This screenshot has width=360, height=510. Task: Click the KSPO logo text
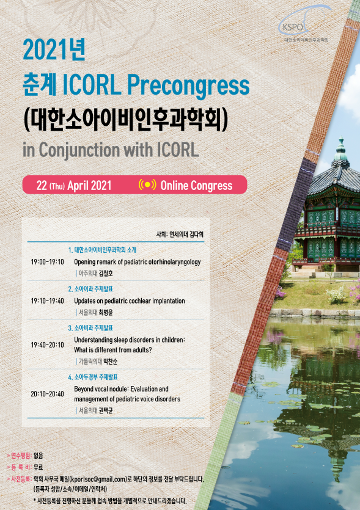pyautogui.click(x=293, y=27)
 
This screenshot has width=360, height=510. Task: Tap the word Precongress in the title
pyautogui.click(x=188, y=86)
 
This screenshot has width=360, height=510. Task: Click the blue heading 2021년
pyautogui.click(x=54, y=49)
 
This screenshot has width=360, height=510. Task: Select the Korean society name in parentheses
pyautogui.click(x=125, y=120)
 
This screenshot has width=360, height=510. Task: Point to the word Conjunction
pyautogui.click(x=79, y=150)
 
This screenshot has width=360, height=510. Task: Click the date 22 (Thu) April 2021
pyautogui.click(x=74, y=186)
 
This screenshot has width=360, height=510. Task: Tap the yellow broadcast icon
pyautogui.click(x=147, y=184)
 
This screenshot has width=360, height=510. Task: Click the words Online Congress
pyautogui.click(x=197, y=186)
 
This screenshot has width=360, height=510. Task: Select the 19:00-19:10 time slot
pyautogui.click(x=48, y=262)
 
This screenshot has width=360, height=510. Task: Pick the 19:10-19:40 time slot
pyautogui.click(x=48, y=301)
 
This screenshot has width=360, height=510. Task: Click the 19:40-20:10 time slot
pyautogui.click(x=48, y=344)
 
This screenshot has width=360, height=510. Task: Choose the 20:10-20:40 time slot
pyautogui.click(x=48, y=394)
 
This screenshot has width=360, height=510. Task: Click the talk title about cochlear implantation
pyautogui.click(x=130, y=301)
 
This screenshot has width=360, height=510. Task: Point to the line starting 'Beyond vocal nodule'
pyautogui.click(x=122, y=389)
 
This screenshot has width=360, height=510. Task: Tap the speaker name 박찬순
pyautogui.click(x=111, y=362)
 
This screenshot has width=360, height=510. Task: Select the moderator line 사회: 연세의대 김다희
pyautogui.click(x=180, y=234)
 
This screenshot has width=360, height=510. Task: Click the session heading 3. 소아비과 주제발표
pyautogui.click(x=90, y=328)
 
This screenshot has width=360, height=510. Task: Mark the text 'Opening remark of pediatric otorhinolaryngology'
pyautogui.click(x=138, y=262)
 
